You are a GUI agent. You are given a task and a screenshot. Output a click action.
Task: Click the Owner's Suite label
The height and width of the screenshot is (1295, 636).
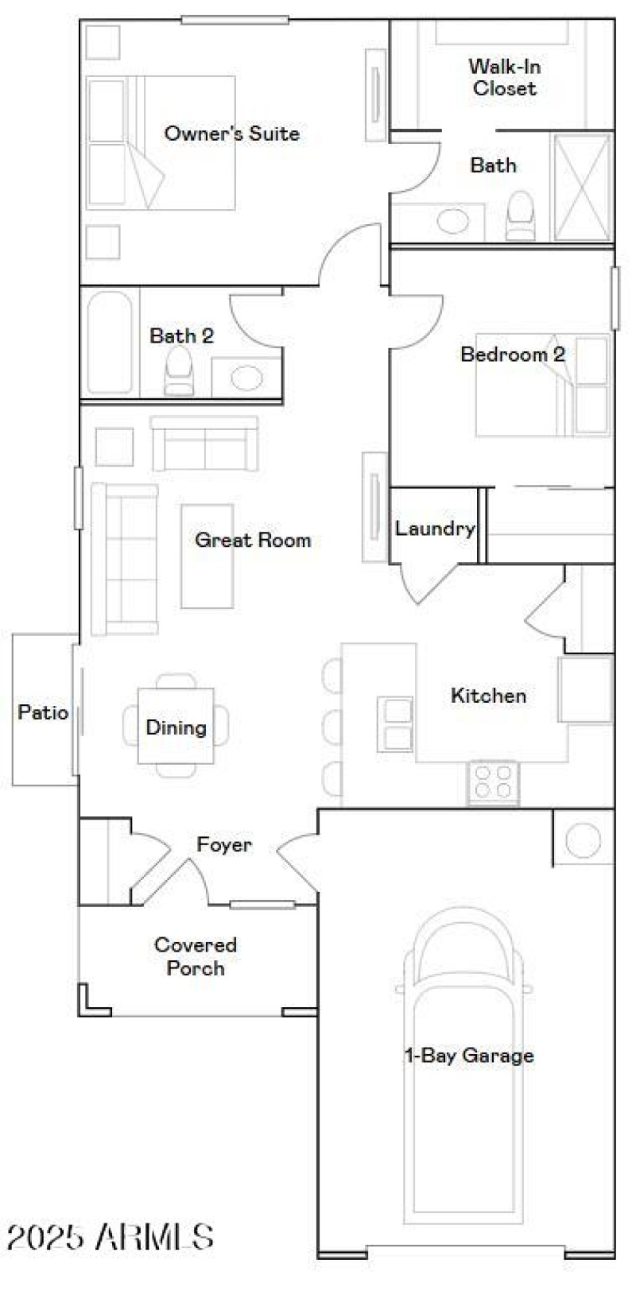pos(231,134)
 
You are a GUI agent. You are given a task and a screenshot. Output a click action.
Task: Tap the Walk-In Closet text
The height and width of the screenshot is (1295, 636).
pos(504,77)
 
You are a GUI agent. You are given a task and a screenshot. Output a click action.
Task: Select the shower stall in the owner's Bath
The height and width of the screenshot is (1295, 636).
pos(582,188)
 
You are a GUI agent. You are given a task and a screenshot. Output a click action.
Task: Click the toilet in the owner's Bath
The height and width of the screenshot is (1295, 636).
pos(522,216)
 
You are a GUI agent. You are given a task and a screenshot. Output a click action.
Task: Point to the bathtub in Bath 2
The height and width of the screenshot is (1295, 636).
pos(110,343)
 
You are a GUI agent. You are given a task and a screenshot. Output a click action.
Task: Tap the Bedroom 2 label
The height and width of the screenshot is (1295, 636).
pos(513,355)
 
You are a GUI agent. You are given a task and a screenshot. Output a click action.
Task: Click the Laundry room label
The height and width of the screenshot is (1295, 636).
pos(435,528)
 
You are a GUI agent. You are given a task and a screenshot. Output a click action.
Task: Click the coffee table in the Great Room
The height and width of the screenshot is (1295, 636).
pos(207,556)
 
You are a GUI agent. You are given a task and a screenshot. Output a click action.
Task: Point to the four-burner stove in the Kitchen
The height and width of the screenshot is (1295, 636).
pos(493,782)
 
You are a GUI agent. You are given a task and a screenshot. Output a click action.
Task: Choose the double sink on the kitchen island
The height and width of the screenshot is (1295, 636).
pos(395,723)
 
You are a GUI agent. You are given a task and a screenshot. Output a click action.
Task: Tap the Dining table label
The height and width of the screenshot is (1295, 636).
pos(176,727)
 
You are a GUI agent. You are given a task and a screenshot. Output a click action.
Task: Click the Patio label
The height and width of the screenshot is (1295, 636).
pos(43,712)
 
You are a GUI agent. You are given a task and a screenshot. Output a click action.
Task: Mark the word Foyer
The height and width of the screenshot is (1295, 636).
pos(224,844)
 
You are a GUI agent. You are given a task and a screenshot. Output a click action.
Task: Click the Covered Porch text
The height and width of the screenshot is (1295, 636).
pos(196,956)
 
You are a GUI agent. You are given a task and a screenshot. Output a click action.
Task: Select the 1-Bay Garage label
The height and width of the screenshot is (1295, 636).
pos(469,1056)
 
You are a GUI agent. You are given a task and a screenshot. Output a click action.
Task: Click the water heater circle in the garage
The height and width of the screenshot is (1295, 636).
pos(584,839)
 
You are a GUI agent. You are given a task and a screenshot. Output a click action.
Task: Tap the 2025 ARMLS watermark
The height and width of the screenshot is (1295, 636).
pos(110,1237)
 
